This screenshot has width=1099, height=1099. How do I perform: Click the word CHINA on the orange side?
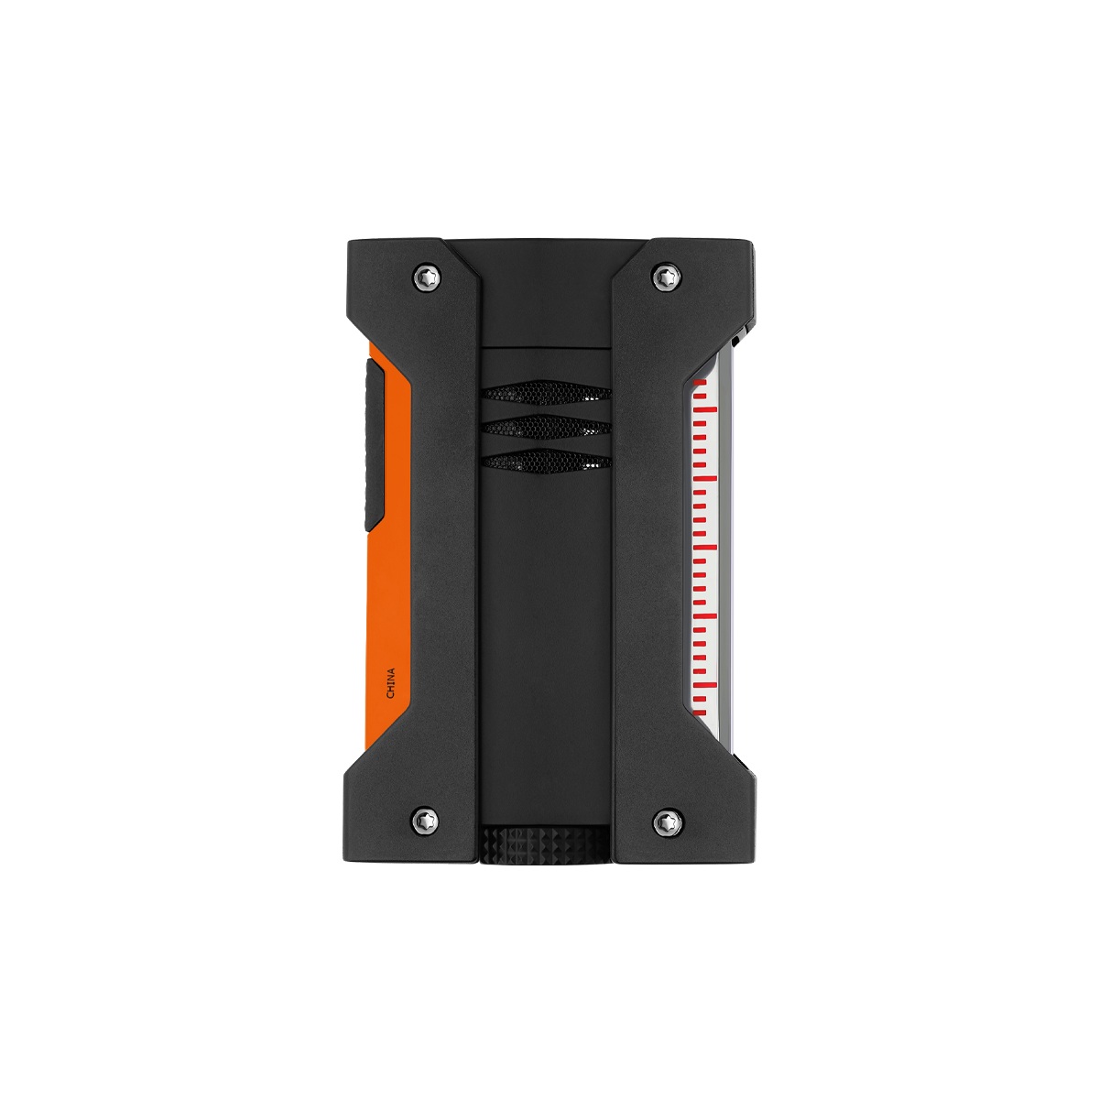point(391,683)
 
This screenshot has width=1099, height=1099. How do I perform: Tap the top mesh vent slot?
point(546,394)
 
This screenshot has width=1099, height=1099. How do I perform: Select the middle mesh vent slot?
point(546,427)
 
